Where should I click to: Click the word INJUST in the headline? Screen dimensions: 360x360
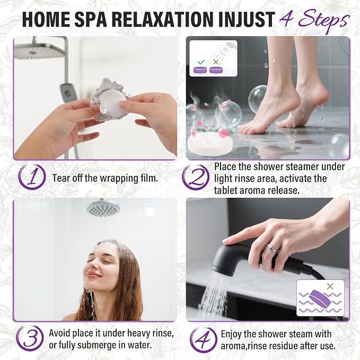(x=247, y=20)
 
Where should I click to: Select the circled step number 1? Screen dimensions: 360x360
(x=32, y=177)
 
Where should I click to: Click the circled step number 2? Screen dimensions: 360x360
(x=196, y=177)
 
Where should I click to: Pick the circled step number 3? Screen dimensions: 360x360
(x=30, y=339)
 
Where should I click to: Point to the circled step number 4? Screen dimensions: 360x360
(x=204, y=339)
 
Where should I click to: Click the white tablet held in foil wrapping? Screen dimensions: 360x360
(x=113, y=98)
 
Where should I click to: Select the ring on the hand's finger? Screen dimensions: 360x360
(x=271, y=249)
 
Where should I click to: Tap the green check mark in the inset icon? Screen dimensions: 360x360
(x=201, y=62)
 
